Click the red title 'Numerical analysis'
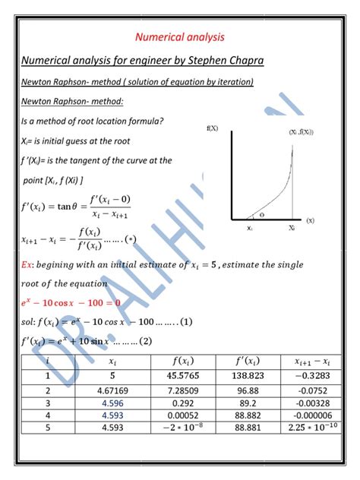(179, 36)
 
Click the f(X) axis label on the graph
(212, 129)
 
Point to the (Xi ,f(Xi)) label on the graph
(300, 132)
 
